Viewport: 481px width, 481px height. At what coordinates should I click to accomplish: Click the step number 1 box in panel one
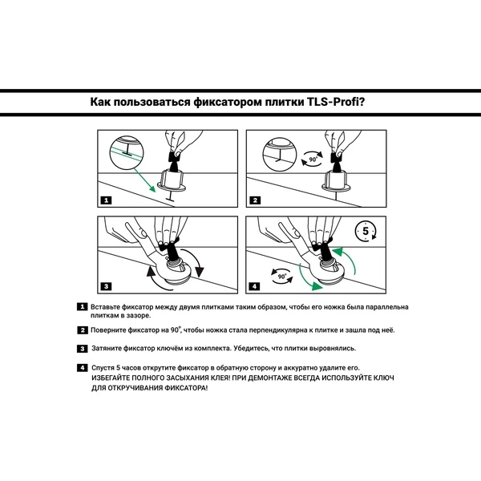point(106,200)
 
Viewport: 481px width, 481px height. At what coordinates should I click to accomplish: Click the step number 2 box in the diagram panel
point(255,200)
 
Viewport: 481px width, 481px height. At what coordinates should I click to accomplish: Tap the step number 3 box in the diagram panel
point(106,285)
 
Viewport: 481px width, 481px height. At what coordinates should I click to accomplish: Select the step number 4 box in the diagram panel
point(255,285)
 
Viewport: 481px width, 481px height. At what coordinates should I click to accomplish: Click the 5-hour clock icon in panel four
point(366,232)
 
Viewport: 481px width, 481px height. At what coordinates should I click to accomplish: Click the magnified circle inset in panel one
point(123,151)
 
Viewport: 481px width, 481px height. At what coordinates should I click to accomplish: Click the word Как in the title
point(104,103)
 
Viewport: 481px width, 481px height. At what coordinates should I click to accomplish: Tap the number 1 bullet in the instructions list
point(82,307)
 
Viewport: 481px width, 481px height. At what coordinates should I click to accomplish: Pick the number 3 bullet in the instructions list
point(82,349)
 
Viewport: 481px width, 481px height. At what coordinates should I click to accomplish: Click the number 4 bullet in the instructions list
point(82,367)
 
